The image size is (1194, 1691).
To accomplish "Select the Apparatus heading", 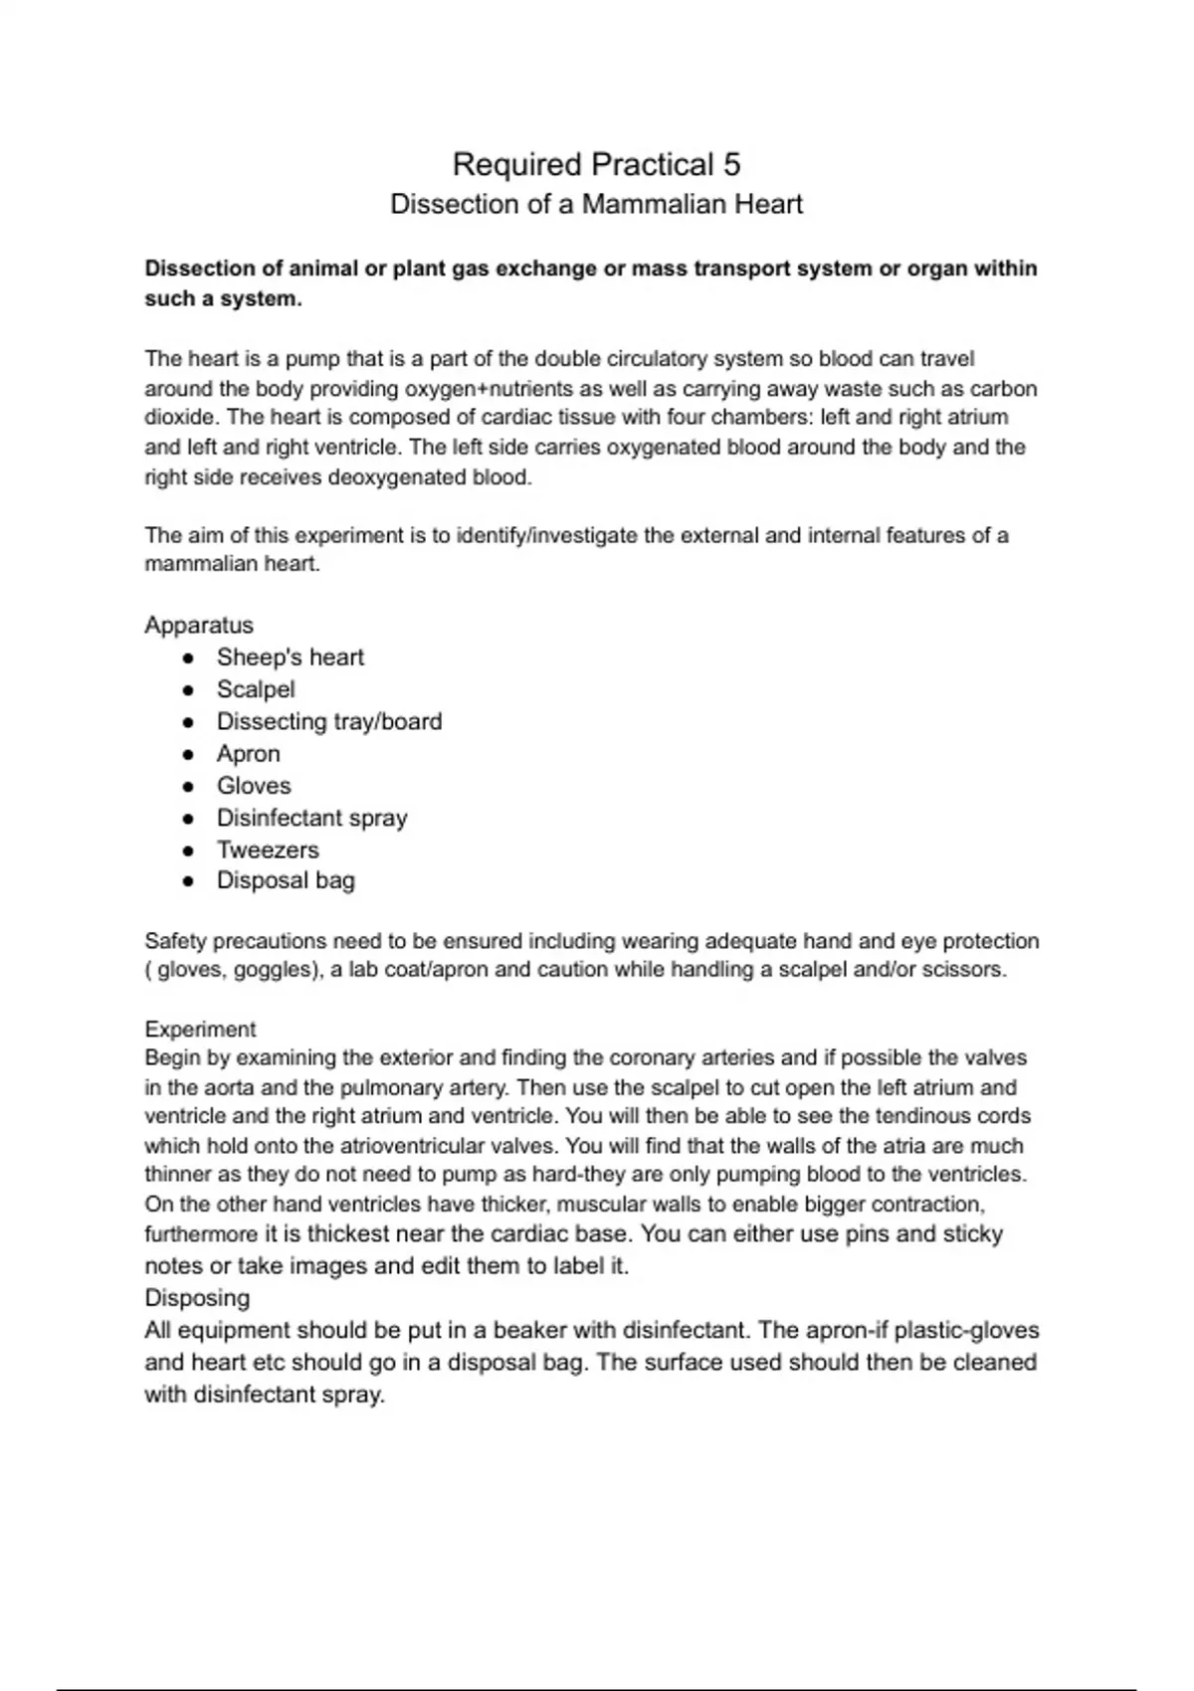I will coord(199,625).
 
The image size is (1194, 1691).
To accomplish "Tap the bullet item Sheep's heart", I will coord(290,658).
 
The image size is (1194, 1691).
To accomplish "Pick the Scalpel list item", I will coord(256,689).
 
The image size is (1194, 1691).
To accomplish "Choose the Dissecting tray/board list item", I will coord(329,721).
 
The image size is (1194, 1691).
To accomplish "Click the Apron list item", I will coord(249,753).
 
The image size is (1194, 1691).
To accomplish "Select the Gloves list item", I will coord(254,786).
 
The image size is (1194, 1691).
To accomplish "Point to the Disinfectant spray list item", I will coord(311,818).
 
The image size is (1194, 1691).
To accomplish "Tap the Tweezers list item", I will coord(268,849).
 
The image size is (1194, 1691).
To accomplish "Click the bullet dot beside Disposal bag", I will coord(188,881).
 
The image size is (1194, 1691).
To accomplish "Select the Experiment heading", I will coord(200,1029).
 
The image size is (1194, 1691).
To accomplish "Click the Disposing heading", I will coord(197,1298).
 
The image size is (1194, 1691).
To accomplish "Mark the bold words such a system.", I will coord(223,298).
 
